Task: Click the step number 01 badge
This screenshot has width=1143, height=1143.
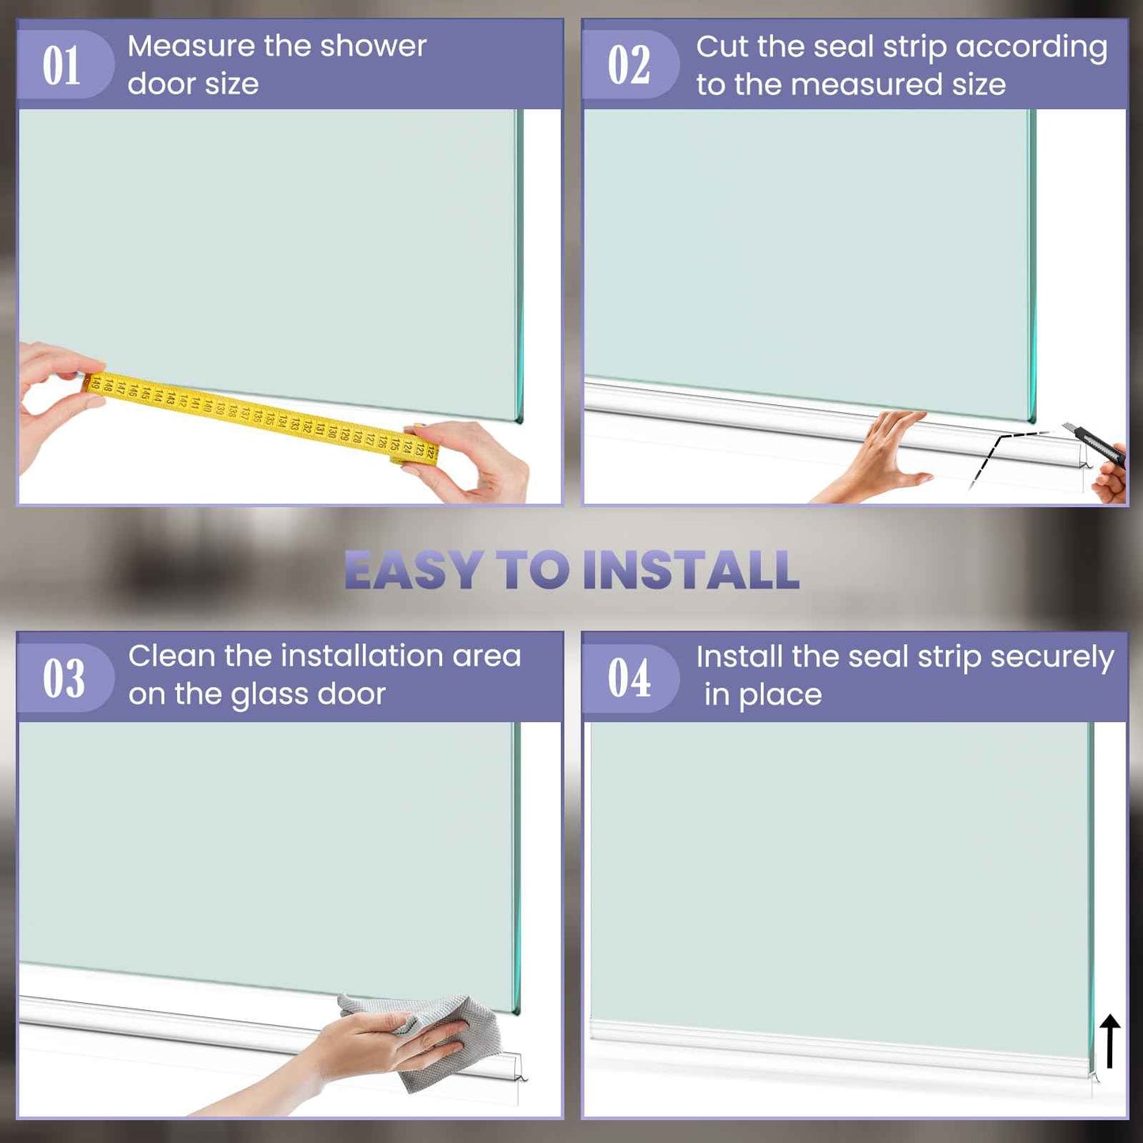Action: (64, 64)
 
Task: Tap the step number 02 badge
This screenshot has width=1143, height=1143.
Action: (630, 64)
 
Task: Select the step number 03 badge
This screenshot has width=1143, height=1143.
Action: (64, 677)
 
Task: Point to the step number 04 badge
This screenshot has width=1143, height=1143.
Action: (630, 677)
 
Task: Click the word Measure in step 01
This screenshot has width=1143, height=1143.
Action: (191, 46)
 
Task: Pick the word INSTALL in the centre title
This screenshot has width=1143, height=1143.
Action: (691, 570)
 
